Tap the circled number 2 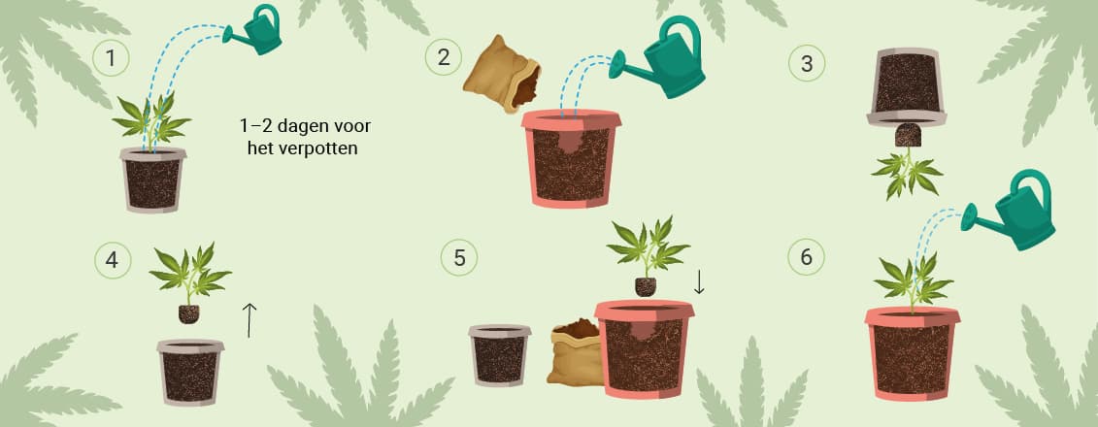point(444,56)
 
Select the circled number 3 point(807,63)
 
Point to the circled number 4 point(112,260)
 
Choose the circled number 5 point(459,257)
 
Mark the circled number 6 point(806,257)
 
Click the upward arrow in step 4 point(249,320)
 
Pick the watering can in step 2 point(657,58)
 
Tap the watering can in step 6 point(1009,211)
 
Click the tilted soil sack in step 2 point(501,74)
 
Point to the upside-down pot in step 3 point(907,86)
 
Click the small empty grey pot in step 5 point(499,355)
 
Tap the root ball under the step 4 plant point(188,313)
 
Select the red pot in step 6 point(912,353)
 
